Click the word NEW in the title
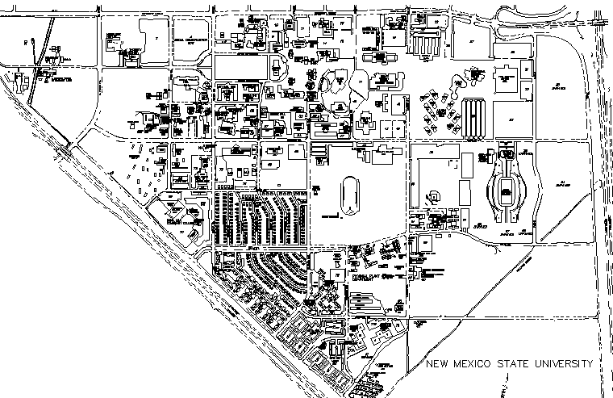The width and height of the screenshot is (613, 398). (x=439, y=364)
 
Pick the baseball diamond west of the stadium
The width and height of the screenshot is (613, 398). (x=436, y=195)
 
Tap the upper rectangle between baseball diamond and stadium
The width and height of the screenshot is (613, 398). (x=466, y=166)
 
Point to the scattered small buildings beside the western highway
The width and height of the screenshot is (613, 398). (x=145, y=174)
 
